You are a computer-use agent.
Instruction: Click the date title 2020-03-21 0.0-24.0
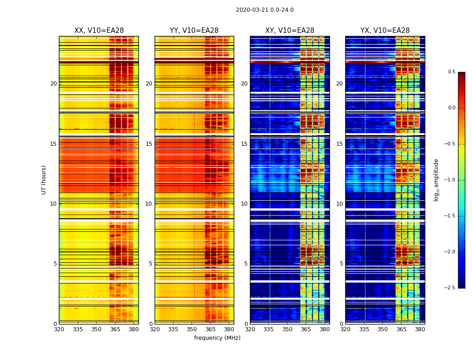click(x=265, y=10)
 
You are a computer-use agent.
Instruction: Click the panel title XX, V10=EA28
click(x=99, y=31)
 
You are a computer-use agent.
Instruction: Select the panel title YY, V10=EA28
click(x=194, y=31)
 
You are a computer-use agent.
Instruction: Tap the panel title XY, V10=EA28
click(x=289, y=31)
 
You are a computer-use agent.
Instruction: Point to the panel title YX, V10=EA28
click(x=385, y=31)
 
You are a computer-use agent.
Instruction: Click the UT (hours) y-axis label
click(x=44, y=180)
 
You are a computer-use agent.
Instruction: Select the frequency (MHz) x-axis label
click(x=217, y=338)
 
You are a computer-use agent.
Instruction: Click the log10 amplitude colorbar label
click(x=436, y=180)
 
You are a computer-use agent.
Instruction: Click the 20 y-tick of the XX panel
click(x=53, y=84)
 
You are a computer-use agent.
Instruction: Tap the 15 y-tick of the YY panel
click(x=149, y=144)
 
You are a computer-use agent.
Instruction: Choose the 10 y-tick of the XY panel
click(x=244, y=204)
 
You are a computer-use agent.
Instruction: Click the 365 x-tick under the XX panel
click(x=115, y=329)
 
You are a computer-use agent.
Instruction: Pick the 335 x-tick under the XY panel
click(x=269, y=329)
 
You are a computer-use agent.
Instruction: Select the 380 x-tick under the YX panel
click(x=420, y=329)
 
